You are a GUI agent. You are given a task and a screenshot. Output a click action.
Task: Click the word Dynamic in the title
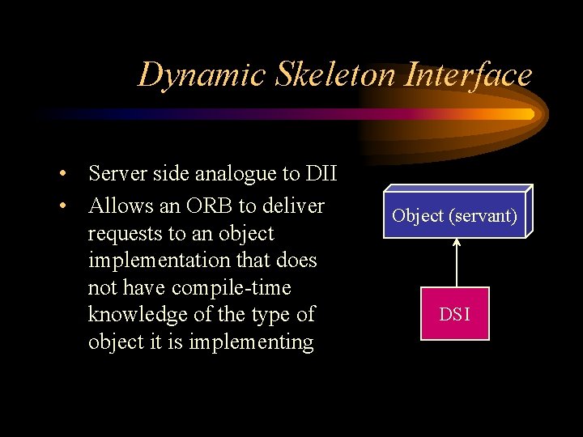[x=189, y=75]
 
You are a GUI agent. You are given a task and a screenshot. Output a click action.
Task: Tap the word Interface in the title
[x=469, y=75]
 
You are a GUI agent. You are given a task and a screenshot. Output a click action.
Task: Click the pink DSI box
[x=454, y=314]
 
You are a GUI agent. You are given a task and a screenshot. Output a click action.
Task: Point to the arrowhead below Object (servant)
[x=457, y=243]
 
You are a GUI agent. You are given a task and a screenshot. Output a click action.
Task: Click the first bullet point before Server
[x=62, y=174]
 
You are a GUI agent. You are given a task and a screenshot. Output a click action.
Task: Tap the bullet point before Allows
[x=62, y=206]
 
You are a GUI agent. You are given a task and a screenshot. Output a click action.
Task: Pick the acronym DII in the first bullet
[x=321, y=173]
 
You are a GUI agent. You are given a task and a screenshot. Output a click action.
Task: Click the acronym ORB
[x=215, y=206]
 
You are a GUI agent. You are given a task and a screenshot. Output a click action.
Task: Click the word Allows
[x=119, y=206]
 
